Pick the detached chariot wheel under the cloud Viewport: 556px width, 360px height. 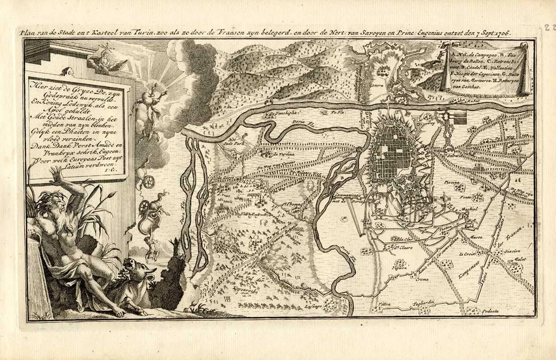[150, 181]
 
